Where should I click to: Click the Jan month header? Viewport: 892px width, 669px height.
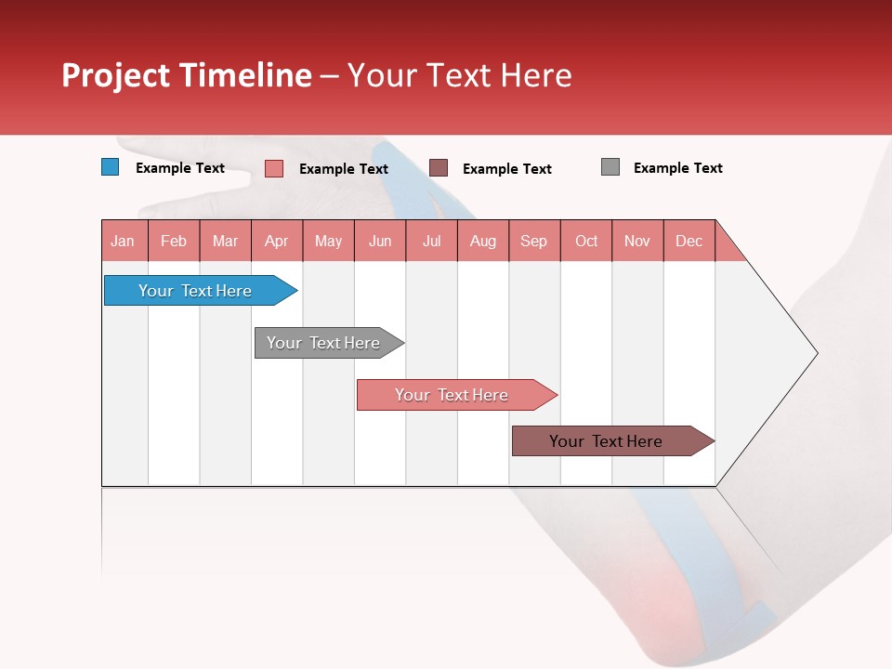pos(124,241)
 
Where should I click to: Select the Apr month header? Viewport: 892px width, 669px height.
pos(277,241)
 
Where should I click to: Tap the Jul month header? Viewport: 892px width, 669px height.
pos(431,241)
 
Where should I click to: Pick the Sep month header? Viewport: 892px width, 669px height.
pos(534,241)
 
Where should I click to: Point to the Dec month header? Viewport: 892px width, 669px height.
pos(689,241)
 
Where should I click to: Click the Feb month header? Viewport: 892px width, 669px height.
pos(174,241)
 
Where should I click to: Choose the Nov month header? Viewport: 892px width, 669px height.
pos(637,241)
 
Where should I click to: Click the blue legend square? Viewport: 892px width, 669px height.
pos(111,167)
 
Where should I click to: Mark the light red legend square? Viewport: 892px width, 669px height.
pos(273,168)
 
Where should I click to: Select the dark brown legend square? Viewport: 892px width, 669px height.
pos(439,167)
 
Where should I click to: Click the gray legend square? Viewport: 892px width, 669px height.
pos(610,167)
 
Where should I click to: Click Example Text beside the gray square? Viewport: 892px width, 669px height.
pos(677,168)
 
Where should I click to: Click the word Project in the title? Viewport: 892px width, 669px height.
pos(115,76)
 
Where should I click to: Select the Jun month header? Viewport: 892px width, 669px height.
pos(380,241)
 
